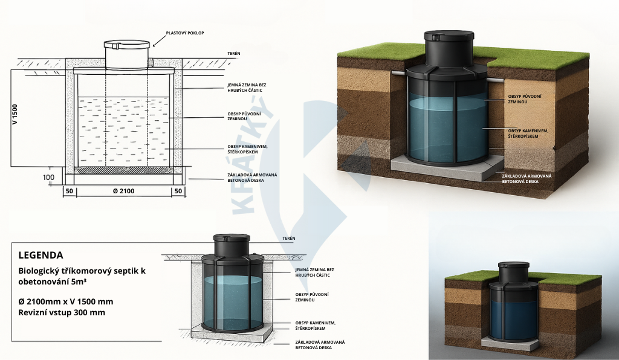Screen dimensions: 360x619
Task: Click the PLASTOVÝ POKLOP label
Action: (x=185, y=33)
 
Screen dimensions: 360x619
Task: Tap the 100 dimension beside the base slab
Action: (x=48, y=178)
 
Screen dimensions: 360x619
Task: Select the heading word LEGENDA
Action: (x=41, y=255)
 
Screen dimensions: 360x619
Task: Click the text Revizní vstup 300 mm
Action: (x=62, y=312)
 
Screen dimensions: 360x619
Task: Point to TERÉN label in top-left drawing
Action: (x=234, y=54)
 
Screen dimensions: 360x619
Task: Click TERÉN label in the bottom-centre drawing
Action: (x=288, y=239)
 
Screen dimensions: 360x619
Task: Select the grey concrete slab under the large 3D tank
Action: (x=448, y=168)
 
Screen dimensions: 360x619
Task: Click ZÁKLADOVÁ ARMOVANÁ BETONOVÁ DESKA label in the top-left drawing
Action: (x=248, y=177)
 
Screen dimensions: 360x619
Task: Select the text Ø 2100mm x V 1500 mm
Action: (x=66, y=301)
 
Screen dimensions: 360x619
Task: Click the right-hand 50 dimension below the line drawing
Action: (x=178, y=191)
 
